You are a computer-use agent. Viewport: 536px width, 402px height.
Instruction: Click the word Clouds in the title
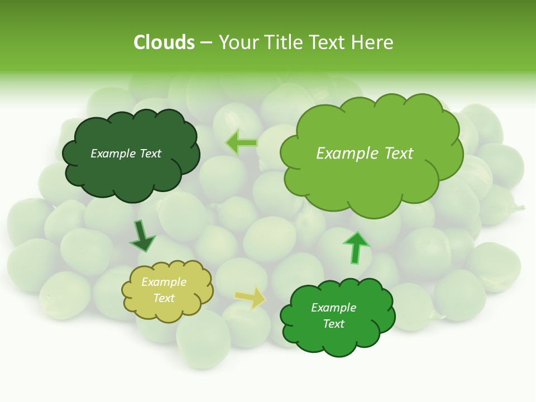[164, 42]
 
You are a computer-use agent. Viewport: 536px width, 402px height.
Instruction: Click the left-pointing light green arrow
[241, 142]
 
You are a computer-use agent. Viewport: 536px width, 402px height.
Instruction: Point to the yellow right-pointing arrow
[250, 298]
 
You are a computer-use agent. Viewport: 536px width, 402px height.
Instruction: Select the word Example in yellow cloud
[164, 282]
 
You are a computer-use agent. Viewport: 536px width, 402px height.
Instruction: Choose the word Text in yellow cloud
[164, 298]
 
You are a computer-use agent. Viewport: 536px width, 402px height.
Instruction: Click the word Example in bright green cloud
[333, 308]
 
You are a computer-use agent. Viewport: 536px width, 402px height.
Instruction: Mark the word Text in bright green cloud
[333, 324]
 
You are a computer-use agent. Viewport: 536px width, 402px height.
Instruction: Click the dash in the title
[206, 43]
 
